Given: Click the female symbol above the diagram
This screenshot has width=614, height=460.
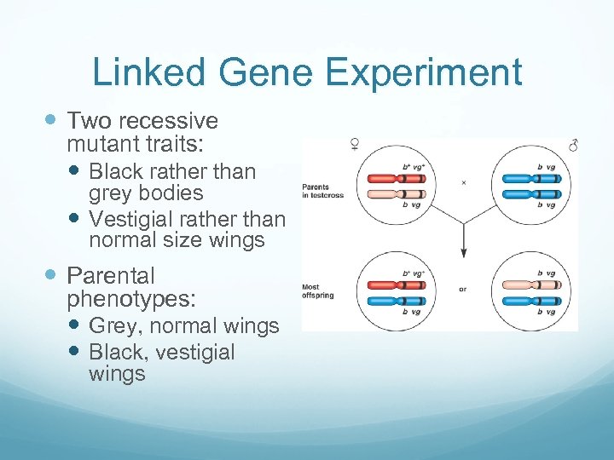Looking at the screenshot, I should pos(353,145).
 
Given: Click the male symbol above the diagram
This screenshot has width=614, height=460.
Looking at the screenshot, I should pos(573,146).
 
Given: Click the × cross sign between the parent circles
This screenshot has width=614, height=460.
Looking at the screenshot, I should pos(463,182).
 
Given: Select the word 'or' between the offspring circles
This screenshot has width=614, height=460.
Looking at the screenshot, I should pos(462,290).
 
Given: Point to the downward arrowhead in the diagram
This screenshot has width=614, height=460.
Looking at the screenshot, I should pos(463,252).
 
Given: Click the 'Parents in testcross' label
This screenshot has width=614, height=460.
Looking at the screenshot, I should pos(315,193).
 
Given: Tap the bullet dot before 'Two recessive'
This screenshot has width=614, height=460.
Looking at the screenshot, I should pos(53,121).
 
